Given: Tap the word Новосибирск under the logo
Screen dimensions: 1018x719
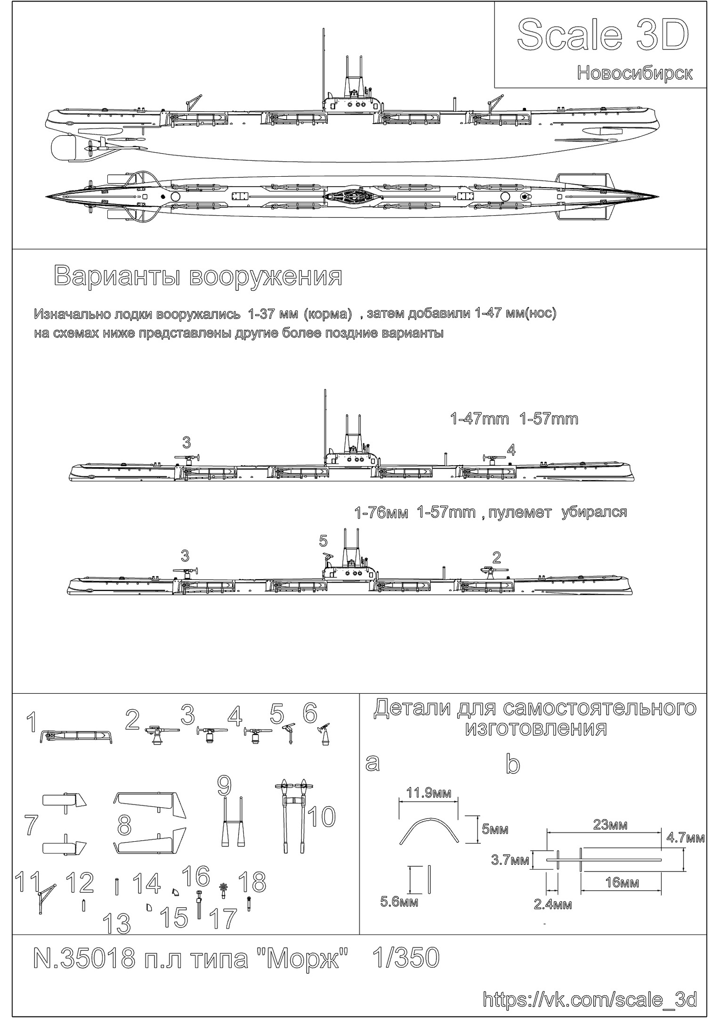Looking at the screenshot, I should point(635,73).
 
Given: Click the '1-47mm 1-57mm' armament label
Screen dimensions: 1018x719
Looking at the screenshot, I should point(514,419).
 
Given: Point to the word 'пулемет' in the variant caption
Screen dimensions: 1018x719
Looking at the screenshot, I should point(519,513).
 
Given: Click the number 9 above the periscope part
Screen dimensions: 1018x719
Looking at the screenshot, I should point(225,785).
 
